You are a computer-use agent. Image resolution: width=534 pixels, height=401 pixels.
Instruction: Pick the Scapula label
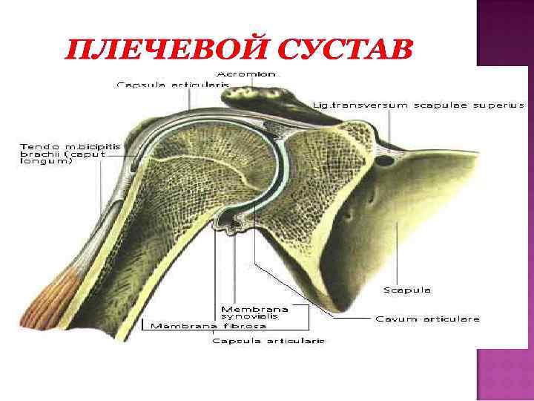coord(407,290)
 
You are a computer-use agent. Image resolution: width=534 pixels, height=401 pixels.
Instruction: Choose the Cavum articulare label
coord(427,319)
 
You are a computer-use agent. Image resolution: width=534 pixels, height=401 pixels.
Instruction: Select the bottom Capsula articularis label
coord(268,341)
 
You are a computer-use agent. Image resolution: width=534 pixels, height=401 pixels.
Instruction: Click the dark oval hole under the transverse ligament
coord(385,160)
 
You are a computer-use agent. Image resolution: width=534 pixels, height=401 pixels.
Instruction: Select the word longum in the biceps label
coord(46,162)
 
